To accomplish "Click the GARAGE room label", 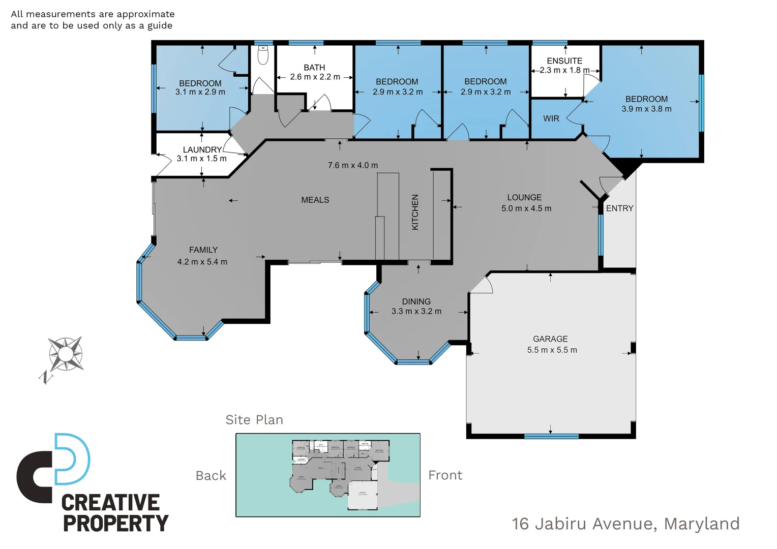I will pos(550,339).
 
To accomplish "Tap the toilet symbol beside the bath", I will pos(263,55).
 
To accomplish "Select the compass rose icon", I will pos(65,354).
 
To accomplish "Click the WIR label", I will pos(551,118).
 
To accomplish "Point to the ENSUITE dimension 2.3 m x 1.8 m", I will pos(564,70).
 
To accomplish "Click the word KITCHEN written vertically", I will pos(415,212).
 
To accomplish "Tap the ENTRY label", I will pos(619,208).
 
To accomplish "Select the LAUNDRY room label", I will pos(202,149).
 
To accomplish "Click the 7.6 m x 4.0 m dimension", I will pos(353,165).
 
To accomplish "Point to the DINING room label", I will pos(416,301).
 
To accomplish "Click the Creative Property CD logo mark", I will pos(53,468).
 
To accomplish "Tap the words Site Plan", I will pos(254,420).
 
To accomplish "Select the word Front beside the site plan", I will pos(445,475).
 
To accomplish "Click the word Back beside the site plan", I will pos(211,476).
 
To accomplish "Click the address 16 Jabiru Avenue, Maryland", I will pos(625,524).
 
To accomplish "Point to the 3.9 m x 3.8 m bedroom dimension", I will pos(646,109).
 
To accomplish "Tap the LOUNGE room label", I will pos(524,197).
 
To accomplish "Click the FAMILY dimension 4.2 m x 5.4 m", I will pos(202,262).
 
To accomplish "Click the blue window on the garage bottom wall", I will pos(551,436).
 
